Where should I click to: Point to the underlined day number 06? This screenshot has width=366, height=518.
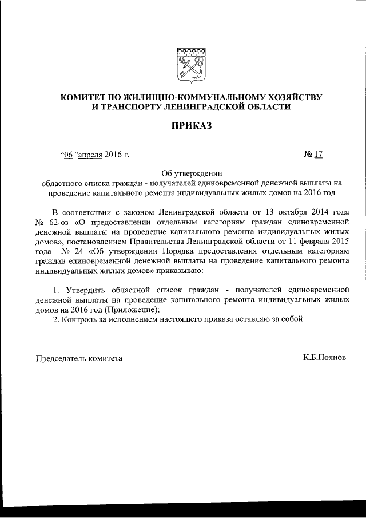[67, 155]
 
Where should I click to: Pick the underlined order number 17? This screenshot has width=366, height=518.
[319, 155]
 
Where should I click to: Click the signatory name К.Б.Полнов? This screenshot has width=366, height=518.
[324, 357]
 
